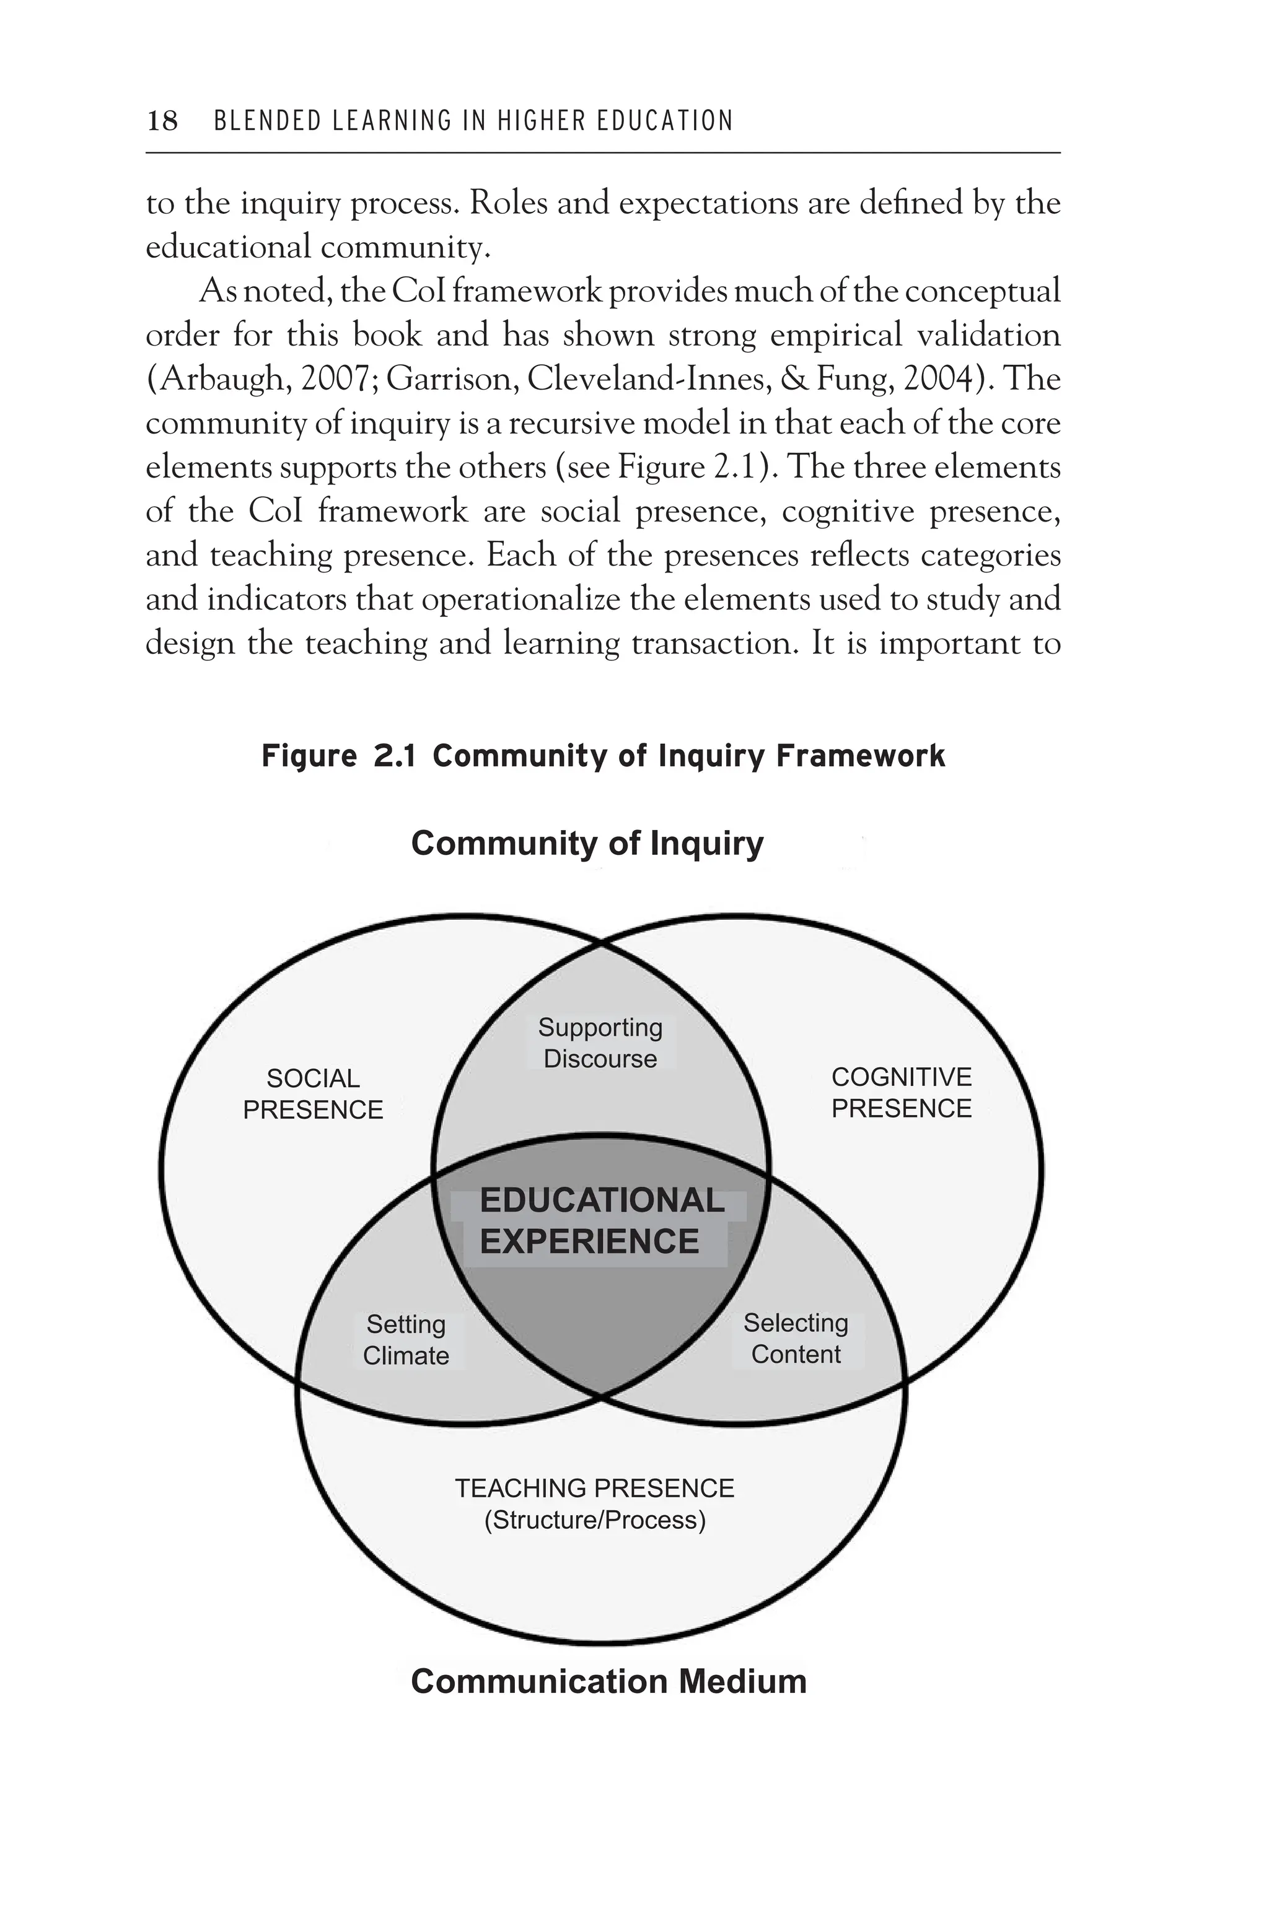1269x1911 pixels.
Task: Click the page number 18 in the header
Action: coord(163,121)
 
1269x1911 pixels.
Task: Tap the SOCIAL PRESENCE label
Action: coord(313,1094)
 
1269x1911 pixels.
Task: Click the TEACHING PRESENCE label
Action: coord(594,1488)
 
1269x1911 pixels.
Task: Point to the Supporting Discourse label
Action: coord(600,1043)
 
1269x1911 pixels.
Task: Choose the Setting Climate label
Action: coord(406,1340)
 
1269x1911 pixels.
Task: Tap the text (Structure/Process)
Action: coord(595,1520)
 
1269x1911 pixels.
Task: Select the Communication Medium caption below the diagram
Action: coord(608,1681)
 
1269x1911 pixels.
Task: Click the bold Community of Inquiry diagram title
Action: coord(587,843)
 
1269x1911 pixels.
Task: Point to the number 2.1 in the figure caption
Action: coord(394,756)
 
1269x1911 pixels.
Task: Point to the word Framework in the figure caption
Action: coord(860,756)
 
